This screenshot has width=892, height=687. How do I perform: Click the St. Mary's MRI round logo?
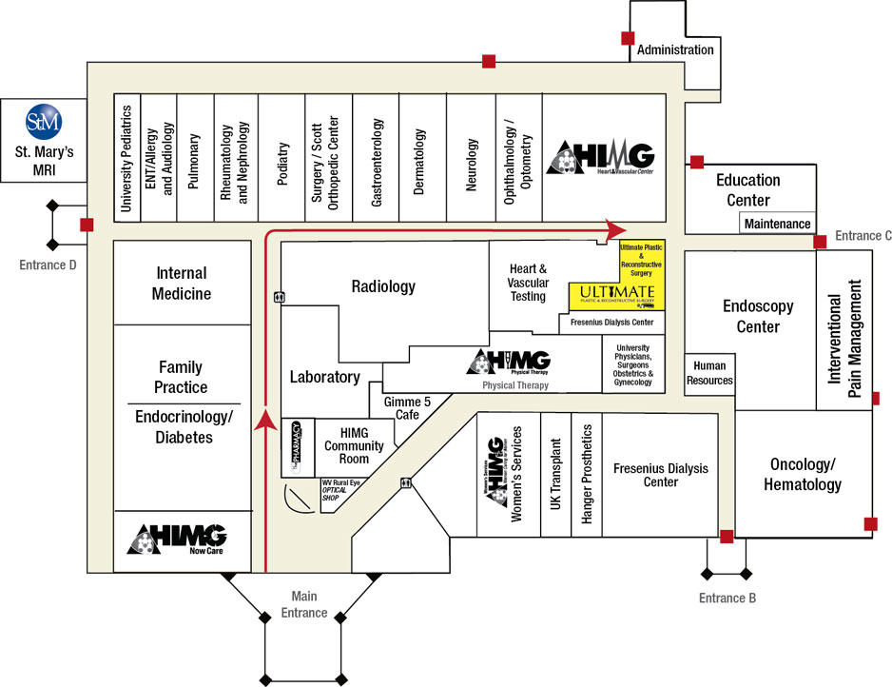43,121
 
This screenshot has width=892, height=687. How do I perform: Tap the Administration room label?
674,49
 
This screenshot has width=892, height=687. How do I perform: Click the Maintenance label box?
777,224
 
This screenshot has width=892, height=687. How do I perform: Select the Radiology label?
383,285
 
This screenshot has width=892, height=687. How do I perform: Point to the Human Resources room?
709,373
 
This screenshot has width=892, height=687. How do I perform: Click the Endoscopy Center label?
750,316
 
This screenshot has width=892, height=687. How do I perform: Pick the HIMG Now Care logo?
178,539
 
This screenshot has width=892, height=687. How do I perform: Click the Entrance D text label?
48,265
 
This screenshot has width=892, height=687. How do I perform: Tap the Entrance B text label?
727,598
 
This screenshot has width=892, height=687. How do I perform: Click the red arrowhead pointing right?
616,228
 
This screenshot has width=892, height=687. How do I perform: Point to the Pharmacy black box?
296,446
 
